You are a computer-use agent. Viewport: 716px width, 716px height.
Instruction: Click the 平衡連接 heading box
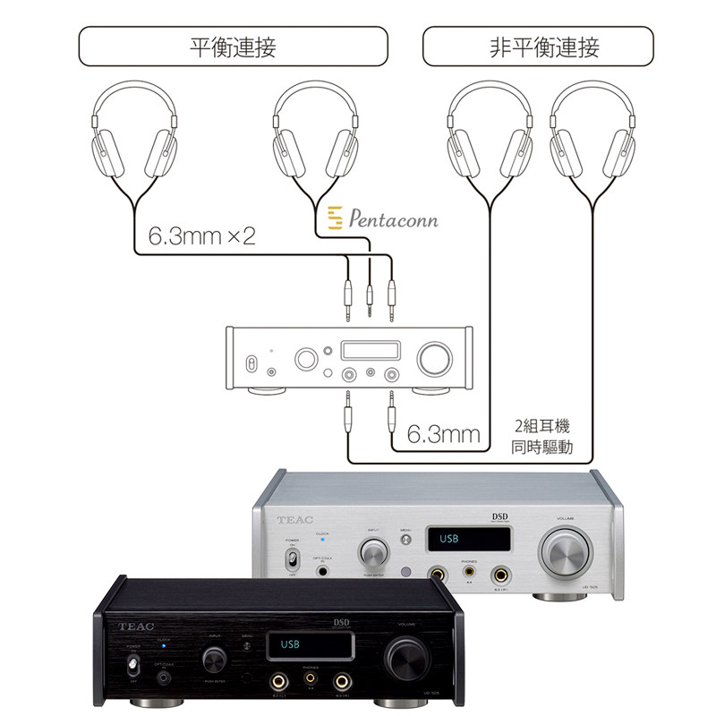tap(233, 47)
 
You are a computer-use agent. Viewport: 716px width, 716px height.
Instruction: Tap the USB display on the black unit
tap(308, 645)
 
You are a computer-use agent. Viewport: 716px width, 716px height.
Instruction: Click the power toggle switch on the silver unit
tap(291, 560)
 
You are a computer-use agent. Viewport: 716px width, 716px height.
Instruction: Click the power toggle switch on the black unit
tap(132, 666)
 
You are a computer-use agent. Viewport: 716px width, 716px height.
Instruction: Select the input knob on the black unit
tap(213, 661)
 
